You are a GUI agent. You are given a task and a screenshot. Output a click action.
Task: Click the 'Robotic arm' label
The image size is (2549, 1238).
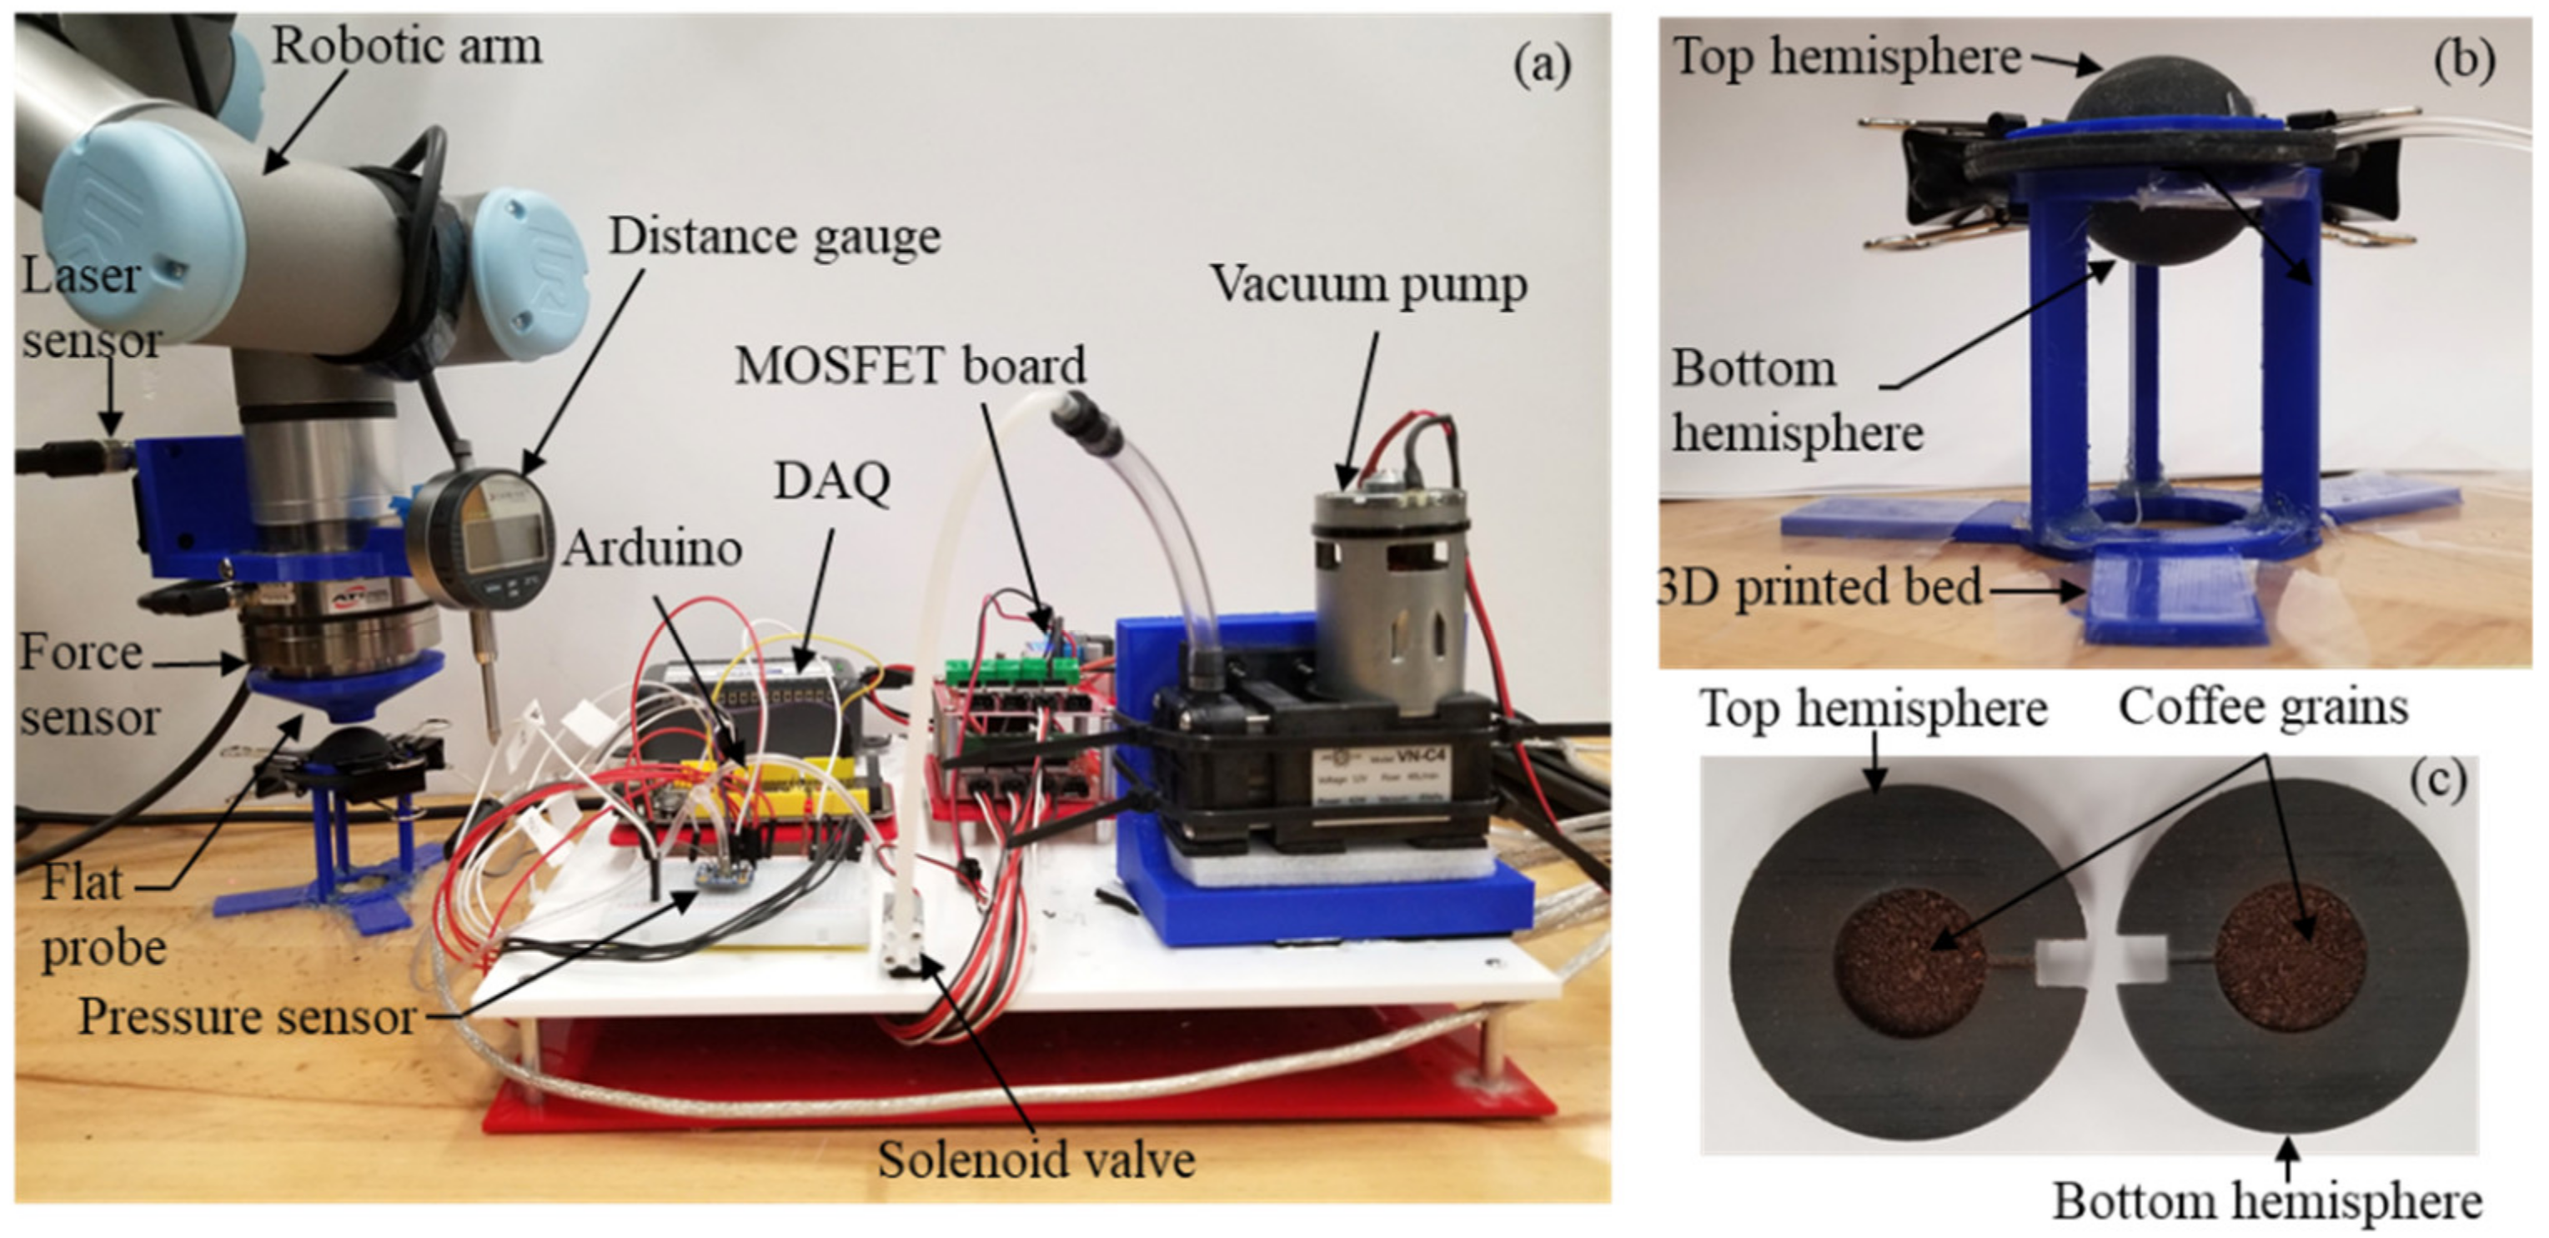pyautogui.click(x=407, y=47)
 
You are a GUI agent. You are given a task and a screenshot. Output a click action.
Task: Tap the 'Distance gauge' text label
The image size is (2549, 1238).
pyautogui.click(x=774, y=238)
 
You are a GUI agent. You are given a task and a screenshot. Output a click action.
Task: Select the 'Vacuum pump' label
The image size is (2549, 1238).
pyautogui.click(x=1368, y=285)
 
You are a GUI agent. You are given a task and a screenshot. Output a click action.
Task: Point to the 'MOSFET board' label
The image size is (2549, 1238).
pyautogui.click(x=910, y=366)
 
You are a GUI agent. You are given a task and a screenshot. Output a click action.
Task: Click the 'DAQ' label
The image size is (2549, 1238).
pyautogui.click(x=832, y=482)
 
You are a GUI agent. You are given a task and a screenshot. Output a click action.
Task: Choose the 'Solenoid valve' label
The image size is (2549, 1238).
pyautogui.click(x=1036, y=1160)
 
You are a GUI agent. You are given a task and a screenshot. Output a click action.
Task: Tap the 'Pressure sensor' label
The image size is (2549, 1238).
pyautogui.click(x=248, y=1017)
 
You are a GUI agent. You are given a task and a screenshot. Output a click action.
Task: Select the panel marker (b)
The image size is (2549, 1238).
pyautogui.click(x=2463, y=60)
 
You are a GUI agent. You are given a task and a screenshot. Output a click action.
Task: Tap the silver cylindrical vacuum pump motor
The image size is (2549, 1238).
pyautogui.click(x=1388, y=594)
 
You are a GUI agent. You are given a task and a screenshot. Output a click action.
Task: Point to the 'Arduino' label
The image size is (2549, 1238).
pyautogui.click(x=653, y=549)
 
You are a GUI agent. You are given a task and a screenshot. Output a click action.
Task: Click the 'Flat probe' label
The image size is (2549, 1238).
pyautogui.click(x=99, y=915)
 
